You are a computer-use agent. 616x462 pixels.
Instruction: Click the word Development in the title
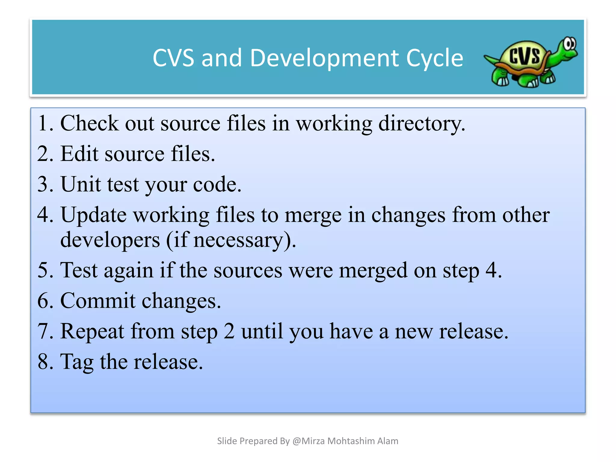tap(325, 58)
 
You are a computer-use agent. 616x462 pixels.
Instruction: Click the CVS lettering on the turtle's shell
tap(525, 56)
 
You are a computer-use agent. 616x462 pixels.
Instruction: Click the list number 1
tap(44, 123)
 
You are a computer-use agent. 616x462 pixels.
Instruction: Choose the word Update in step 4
tap(94, 215)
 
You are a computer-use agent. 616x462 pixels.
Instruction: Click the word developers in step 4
tap(110, 240)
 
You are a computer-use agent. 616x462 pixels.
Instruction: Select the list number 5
tap(44, 270)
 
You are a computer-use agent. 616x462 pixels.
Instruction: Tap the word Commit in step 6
tap(98, 300)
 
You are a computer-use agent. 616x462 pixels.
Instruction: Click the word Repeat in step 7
tap(92, 331)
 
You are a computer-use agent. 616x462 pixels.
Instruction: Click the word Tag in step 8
tap(77, 362)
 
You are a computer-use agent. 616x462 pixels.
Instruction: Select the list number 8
tap(44, 362)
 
